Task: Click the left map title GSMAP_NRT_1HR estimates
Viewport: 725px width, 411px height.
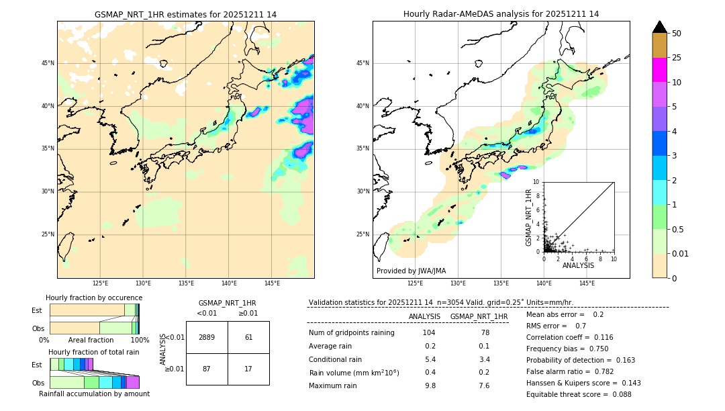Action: pyautogui.click(x=185, y=14)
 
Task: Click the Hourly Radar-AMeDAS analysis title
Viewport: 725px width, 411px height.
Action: pyautogui.click(x=501, y=14)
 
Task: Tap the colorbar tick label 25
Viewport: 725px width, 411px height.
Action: pyautogui.click(x=677, y=58)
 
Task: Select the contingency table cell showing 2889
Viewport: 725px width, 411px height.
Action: pyautogui.click(x=207, y=337)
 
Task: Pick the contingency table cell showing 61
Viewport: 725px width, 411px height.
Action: pyautogui.click(x=248, y=337)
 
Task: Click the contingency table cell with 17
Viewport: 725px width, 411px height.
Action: pyautogui.click(x=248, y=369)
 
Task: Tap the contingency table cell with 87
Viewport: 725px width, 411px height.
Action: pyautogui.click(x=207, y=369)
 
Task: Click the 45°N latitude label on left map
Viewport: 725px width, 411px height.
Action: pyautogui.click(x=48, y=63)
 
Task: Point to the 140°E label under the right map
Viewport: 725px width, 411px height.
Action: pyautogui.click(x=544, y=283)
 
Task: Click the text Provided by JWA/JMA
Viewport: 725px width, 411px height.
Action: pyautogui.click(x=411, y=271)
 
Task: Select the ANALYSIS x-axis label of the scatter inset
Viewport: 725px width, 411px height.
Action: pyautogui.click(x=578, y=265)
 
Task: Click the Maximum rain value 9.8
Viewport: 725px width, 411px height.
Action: pyautogui.click(x=430, y=385)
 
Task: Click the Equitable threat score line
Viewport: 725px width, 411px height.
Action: pyautogui.click(x=579, y=394)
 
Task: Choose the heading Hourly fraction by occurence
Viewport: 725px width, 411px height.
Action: pyautogui.click(x=94, y=298)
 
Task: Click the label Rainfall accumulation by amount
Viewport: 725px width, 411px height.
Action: pyautogui.click(x=94, y=394)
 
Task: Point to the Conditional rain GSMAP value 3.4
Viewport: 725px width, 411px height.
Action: pyautogui.click(x=484, y=359)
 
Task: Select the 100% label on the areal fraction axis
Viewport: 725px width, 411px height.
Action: pyautogui.click(x=140, y=340)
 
